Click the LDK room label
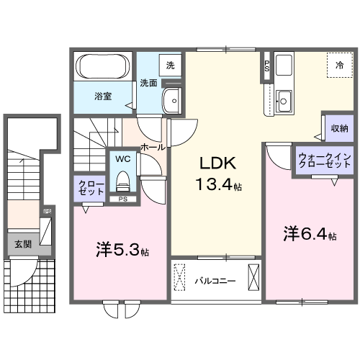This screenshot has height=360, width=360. tap(216, 163)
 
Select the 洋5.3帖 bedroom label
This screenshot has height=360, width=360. tap(122, 251)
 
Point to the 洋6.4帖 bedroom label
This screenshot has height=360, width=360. tap(310, 234)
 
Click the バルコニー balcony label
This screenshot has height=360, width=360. tap(215, 280)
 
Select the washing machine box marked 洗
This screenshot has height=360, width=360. tap(170, 66)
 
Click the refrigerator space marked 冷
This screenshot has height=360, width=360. tap(338, 66)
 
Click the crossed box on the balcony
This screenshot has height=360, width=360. tap(253, 276)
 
